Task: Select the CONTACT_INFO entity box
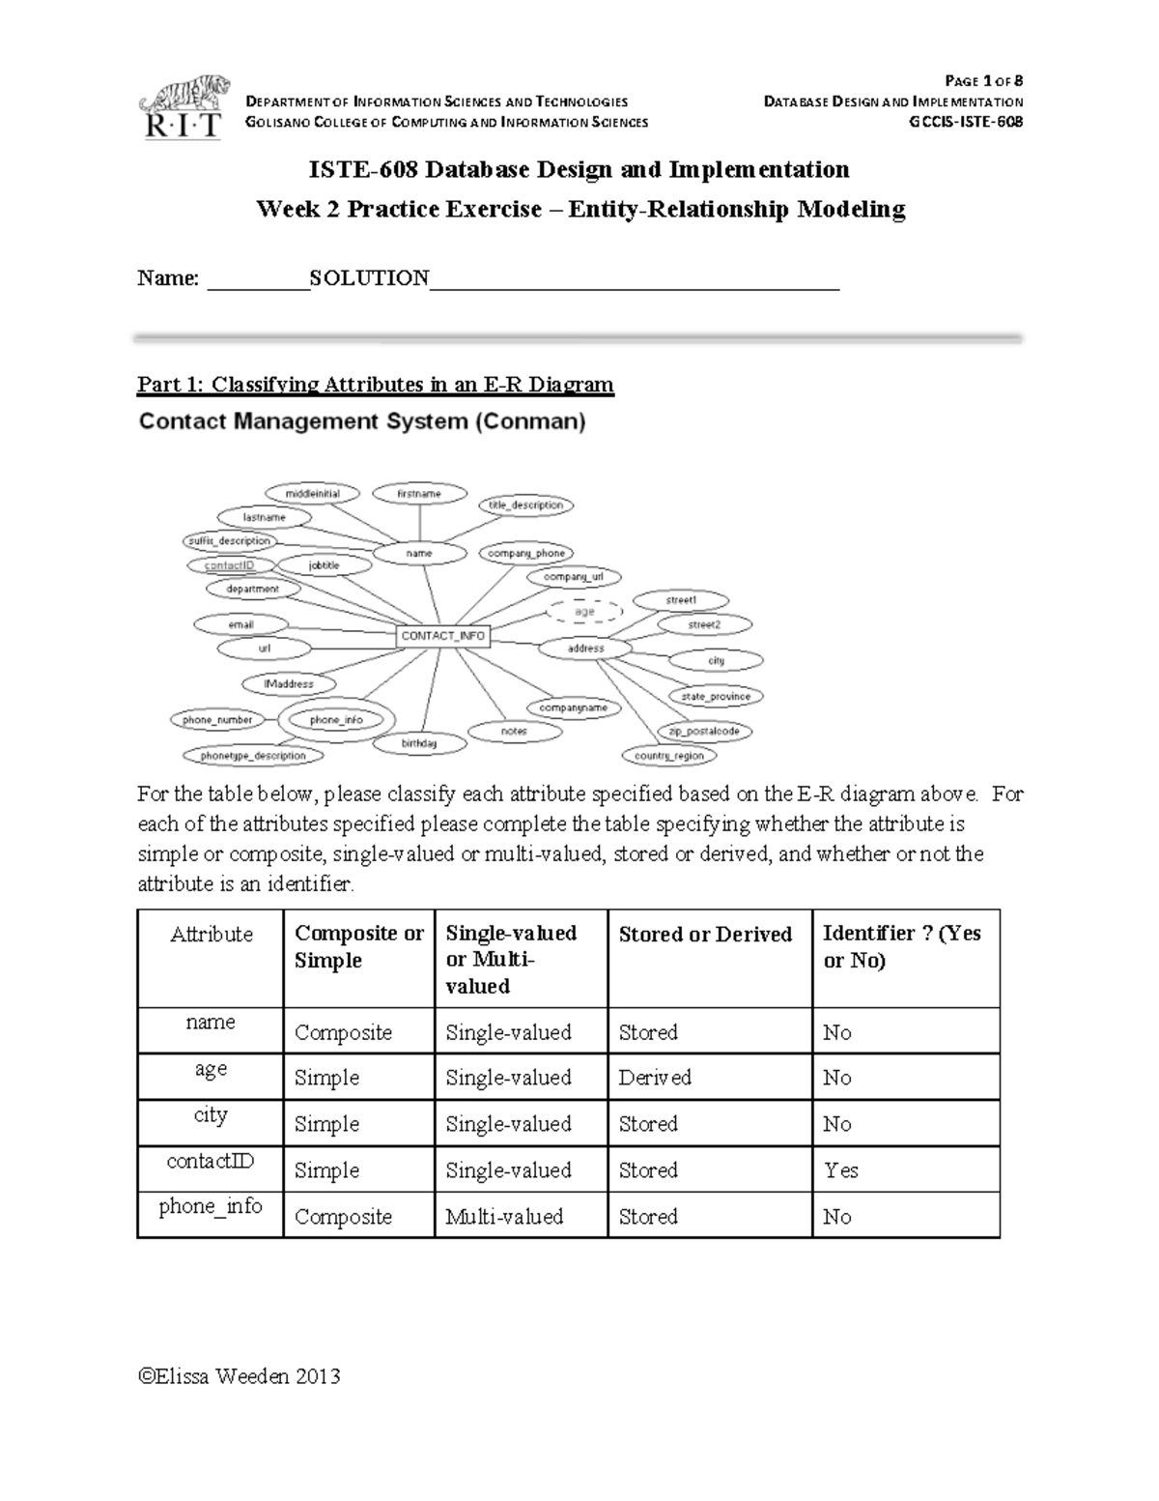point(443,636)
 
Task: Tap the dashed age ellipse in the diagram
point(585,612)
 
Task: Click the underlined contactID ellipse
point(229,564)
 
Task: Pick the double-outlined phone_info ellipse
point(336,720)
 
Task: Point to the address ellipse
point(585,649)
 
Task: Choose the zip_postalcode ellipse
point(704,732)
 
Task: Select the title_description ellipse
point(525,505)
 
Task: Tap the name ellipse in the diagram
point(419,554)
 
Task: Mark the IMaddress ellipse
point(289,684)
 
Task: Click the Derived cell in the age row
point(655,1078)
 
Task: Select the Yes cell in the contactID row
point(840,1170)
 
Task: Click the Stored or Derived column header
point(705,935)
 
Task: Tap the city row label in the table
point(211,1115)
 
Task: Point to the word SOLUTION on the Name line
point(369,278)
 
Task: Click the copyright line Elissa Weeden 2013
point(239,1376)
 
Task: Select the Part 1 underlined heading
point(375,385)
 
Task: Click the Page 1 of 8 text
point(983,80)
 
